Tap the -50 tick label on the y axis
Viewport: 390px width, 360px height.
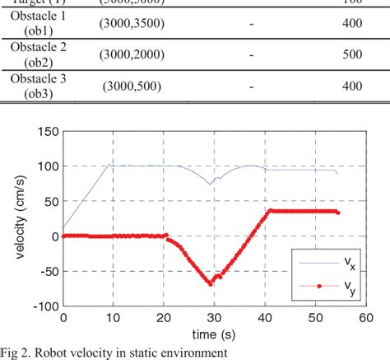tap(48, 271)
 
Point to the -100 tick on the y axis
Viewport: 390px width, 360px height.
tap(45, 306)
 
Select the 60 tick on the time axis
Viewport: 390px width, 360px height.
tap(363, 316)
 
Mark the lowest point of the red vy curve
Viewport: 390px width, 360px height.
tap(211, 283)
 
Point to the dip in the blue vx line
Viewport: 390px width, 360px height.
tap(211, 183)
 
